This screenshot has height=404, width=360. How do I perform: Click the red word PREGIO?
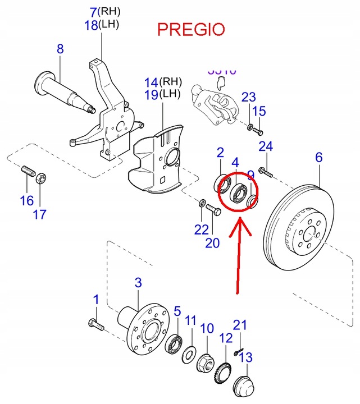coord(190,29)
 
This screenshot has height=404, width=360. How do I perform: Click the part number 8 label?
coord(60,50)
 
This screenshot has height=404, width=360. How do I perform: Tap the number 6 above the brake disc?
coord(318,158)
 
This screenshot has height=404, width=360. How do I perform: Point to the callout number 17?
coord(40,214)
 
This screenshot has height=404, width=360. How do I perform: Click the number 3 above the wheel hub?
coord(139,282)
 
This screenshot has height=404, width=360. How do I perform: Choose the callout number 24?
coord(266,147)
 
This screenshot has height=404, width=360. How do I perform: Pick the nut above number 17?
coord(41,180)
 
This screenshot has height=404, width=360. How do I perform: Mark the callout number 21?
coord(240,325)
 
